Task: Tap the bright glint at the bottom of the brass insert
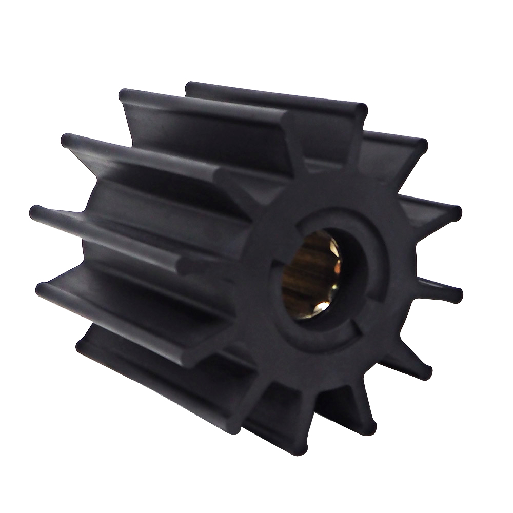coord(323,307)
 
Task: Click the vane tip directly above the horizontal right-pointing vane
coord(456,212)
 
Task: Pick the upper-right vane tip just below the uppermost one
coord(422,146)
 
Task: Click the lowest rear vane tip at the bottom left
coord(82,345)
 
